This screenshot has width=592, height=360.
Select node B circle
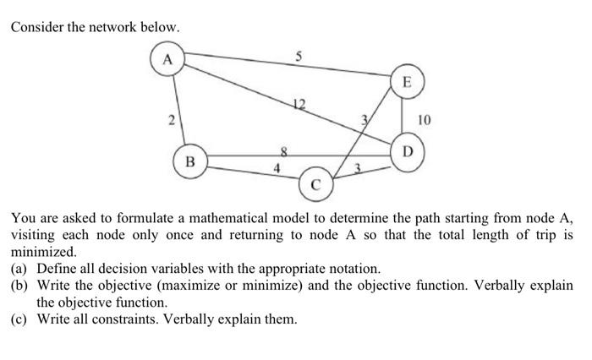click(189, 159)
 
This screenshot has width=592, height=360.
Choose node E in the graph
click(408, 83)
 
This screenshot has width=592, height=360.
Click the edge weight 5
click(298, 57)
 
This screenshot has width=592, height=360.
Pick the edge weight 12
click(298, 102)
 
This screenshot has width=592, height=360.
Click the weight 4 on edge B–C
click(277, 168)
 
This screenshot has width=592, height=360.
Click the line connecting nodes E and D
click(408, 118)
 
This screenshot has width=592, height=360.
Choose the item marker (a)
click(20, 269)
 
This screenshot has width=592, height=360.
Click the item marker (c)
click(20, 319)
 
